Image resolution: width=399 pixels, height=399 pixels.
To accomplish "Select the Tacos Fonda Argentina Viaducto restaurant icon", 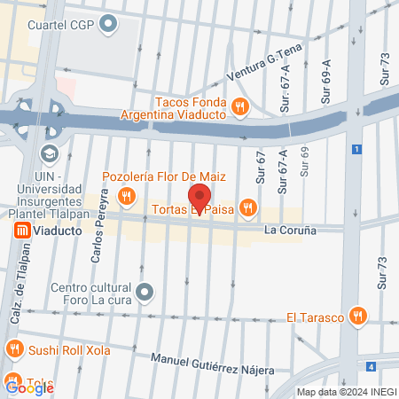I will [239, 107].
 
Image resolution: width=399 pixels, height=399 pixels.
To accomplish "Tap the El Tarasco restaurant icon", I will [358, 315].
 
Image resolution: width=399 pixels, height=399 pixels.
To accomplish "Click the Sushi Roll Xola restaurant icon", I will [14, 349].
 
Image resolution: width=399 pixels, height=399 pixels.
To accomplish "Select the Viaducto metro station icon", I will [19, 231].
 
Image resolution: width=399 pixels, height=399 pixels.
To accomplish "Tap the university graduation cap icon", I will [49, 153].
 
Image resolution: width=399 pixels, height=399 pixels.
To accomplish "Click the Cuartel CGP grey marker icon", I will [109, 25].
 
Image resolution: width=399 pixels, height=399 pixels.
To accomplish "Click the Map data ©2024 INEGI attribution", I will [346, 392].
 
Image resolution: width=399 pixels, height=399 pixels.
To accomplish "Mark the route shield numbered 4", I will [370, 365].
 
